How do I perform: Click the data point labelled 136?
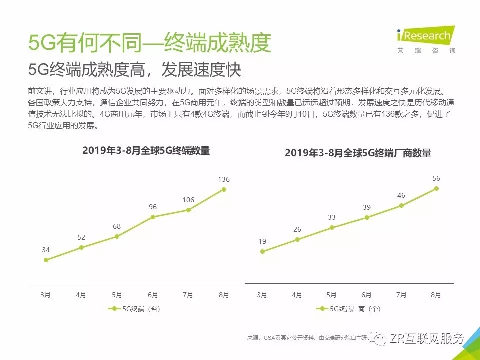[224, 189]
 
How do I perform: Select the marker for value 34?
[46, 260]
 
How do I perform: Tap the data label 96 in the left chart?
[153, 206]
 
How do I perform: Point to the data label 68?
[117, 226]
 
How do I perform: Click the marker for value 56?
[436, 188]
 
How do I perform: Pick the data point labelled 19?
[262, 251]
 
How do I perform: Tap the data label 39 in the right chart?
[367, 207]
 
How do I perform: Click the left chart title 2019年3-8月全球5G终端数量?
[146, 151]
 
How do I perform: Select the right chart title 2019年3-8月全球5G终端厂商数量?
[358, 153]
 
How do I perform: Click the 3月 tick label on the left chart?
[46, 295]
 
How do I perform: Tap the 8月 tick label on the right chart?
[436, 295]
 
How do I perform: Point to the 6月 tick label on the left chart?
[153, 295]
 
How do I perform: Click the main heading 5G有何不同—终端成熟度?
[150, 43]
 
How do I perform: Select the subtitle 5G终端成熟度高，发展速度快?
[135, 70]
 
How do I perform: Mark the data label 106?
[188, 200]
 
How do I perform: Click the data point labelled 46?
[401, 205]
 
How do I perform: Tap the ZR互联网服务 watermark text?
[426, 338]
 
